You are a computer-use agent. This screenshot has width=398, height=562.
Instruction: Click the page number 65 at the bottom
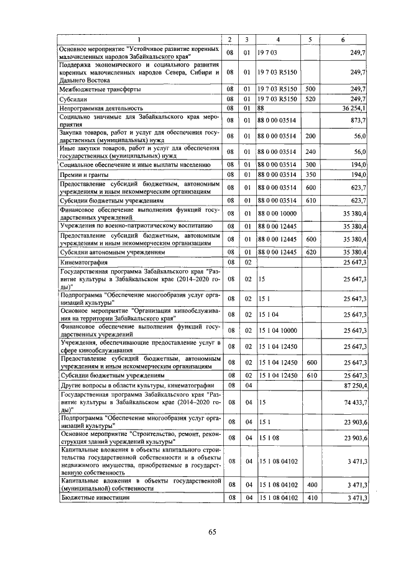coord(212,531)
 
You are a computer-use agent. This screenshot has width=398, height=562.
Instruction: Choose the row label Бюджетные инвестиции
coord(95,498)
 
